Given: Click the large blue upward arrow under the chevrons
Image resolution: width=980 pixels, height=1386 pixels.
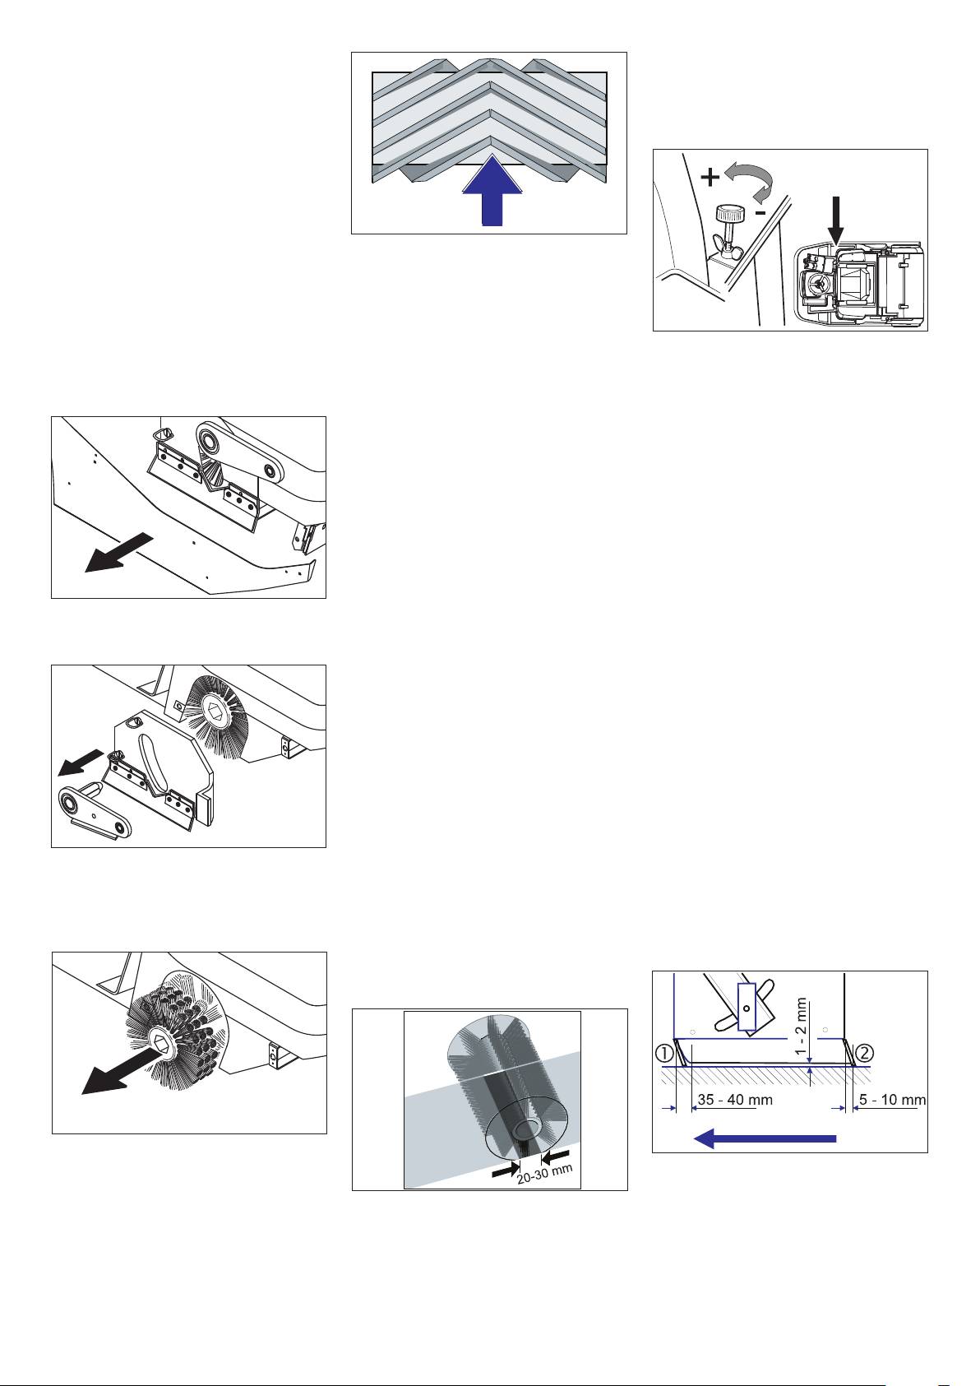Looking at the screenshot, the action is tap(492, 191).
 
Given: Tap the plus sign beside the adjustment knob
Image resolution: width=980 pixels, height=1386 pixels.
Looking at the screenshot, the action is tap(710, 178).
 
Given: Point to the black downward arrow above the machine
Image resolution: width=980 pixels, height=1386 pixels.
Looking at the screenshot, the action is tap(836, 220).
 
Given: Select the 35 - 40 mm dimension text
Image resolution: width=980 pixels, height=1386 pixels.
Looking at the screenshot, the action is tap(735, 1100).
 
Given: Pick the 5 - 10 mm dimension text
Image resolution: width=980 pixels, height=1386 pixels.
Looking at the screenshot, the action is tap(892, 1100).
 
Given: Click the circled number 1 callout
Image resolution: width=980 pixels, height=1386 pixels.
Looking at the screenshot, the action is tap(664, 1052).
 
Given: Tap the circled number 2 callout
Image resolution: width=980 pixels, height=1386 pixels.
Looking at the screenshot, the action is tap(864, 1052).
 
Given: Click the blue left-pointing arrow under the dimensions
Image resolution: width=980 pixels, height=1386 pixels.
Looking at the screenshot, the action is tap(765, 1138).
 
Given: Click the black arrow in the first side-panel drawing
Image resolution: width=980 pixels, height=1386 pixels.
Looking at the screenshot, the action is tap(118, 552).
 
